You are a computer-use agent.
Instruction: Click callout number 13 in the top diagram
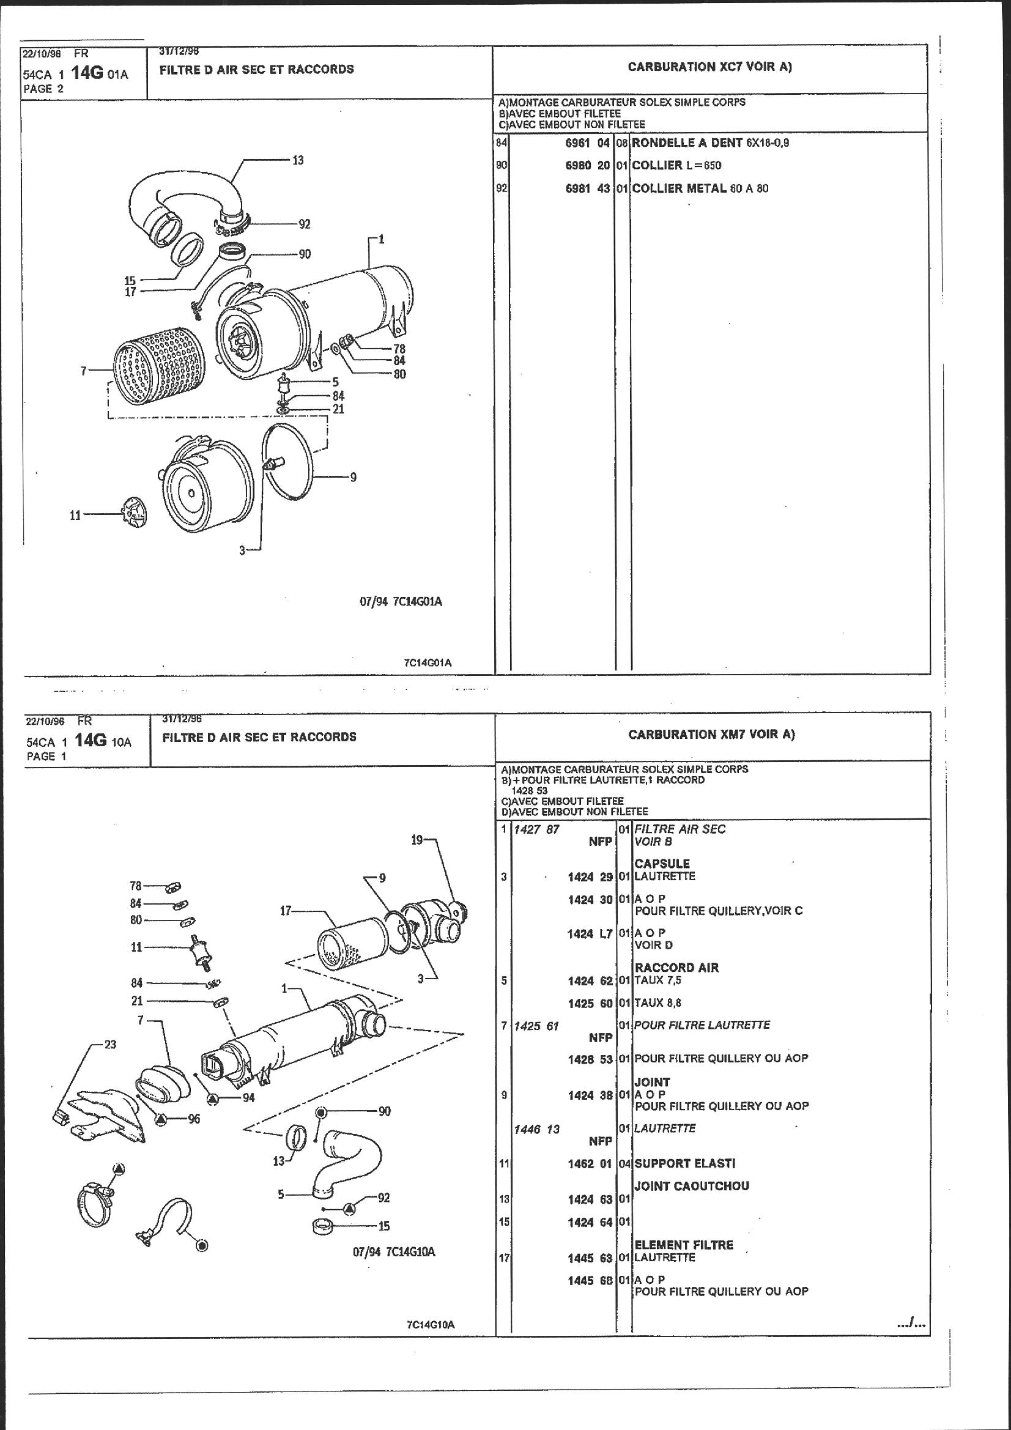[298, 160]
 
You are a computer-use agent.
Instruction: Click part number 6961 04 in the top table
[587, 143]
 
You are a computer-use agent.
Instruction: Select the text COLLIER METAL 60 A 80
[700, 188]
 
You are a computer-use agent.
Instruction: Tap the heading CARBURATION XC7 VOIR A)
[709, 67]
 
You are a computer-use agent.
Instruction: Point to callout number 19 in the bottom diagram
[417, 840]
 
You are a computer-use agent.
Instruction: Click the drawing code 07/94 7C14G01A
[401, 602]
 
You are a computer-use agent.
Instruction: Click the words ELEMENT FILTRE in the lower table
[684, 1245]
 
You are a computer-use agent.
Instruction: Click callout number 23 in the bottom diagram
[109, 1044]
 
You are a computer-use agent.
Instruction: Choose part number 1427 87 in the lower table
[536, 829]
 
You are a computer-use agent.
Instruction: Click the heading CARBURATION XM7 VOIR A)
[711, 735]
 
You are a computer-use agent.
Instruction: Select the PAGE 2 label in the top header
[43, 89]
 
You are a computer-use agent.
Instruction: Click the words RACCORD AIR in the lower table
[676, 967]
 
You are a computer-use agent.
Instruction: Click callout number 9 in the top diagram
[353, 477]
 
